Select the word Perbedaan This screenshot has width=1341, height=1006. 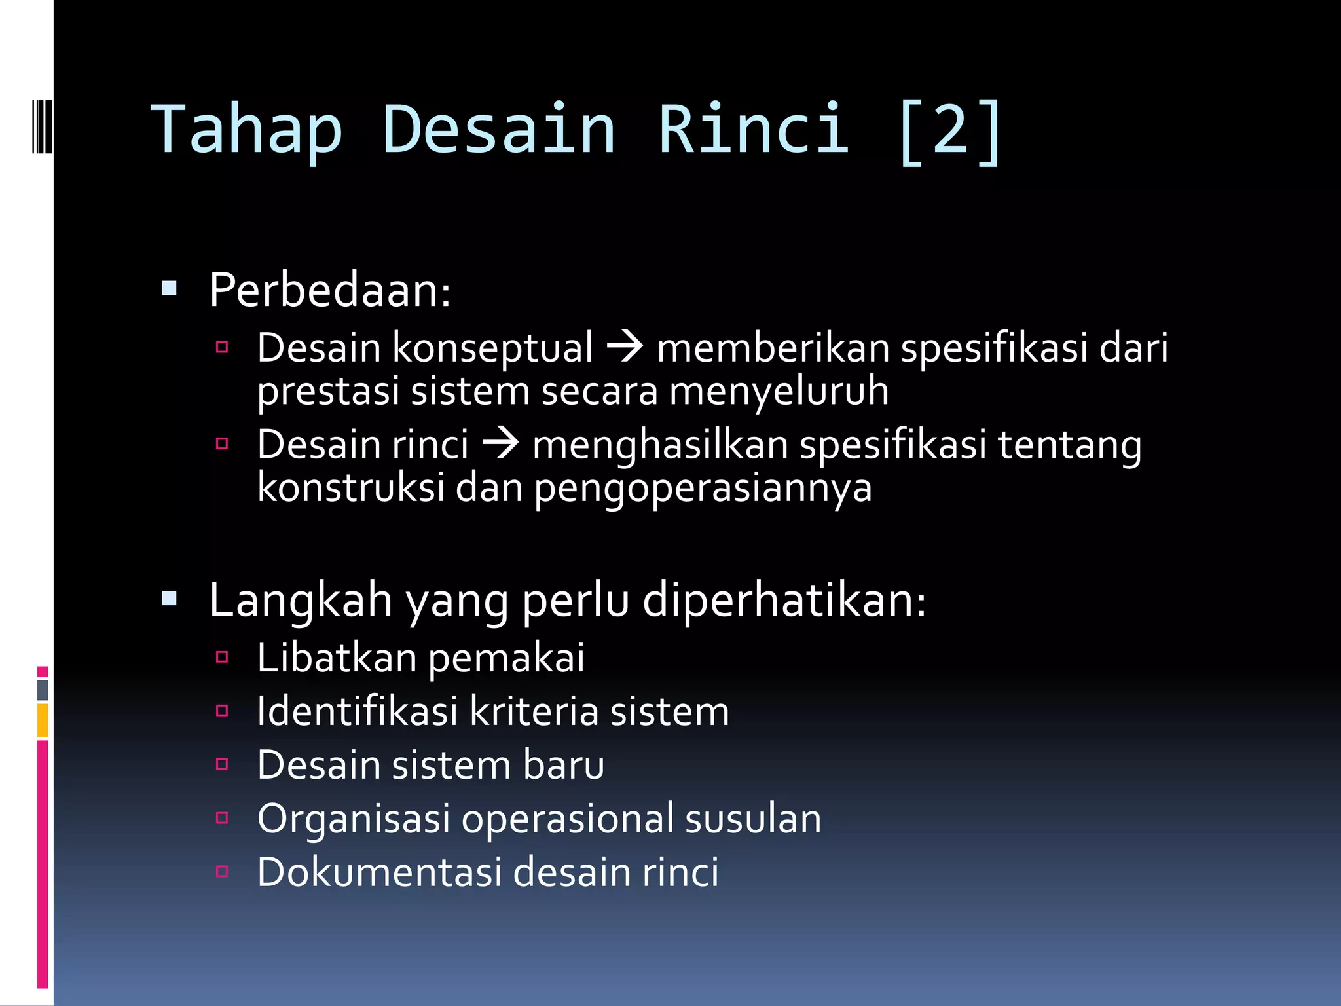click(329, 290)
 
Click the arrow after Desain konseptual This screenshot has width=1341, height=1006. click(625, 346)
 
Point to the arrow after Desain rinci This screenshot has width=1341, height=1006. click(500, 443)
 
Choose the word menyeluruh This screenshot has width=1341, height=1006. click(779, 391)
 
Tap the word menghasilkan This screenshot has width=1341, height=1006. click(660, 445)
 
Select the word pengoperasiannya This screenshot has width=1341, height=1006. click(703, 489)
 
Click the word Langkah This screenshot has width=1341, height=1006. click(301, 600)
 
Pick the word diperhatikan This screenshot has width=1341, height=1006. click(783, 600)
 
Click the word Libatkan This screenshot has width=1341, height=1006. click(337, 658)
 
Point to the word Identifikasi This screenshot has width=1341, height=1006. click(357, 711)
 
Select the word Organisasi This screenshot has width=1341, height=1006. click(354, 819)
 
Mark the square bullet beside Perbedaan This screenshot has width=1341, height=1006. click(169, 288)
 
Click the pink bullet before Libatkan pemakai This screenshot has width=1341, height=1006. click(222, 657)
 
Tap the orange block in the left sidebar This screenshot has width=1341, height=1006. click(43, 720)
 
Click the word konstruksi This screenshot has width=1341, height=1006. click(351, 488)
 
